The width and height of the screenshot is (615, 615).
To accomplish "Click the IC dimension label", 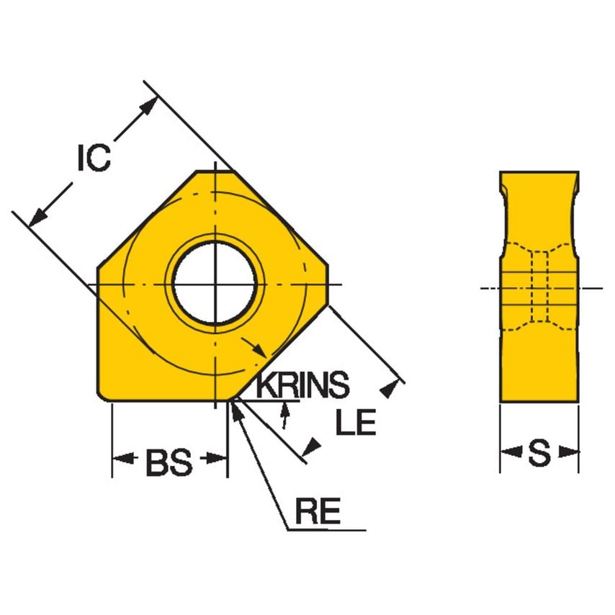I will click(94, 158).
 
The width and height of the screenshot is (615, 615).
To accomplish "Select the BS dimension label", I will click(169, 463).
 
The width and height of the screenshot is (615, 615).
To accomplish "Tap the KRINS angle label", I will click(302, 386).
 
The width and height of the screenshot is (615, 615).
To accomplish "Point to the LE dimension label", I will click(356, 423).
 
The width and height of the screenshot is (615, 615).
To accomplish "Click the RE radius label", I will click(317, 512).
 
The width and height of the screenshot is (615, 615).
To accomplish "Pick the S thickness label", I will click(539, 453).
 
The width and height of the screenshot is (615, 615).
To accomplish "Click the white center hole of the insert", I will click(215, 283).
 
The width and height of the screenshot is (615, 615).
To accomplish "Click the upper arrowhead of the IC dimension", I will click(147, 107).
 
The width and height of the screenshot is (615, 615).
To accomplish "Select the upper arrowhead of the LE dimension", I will click(391, 388).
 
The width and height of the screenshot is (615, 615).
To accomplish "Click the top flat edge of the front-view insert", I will click(215, 172).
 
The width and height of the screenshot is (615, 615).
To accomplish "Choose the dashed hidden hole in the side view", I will click(539, 287).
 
